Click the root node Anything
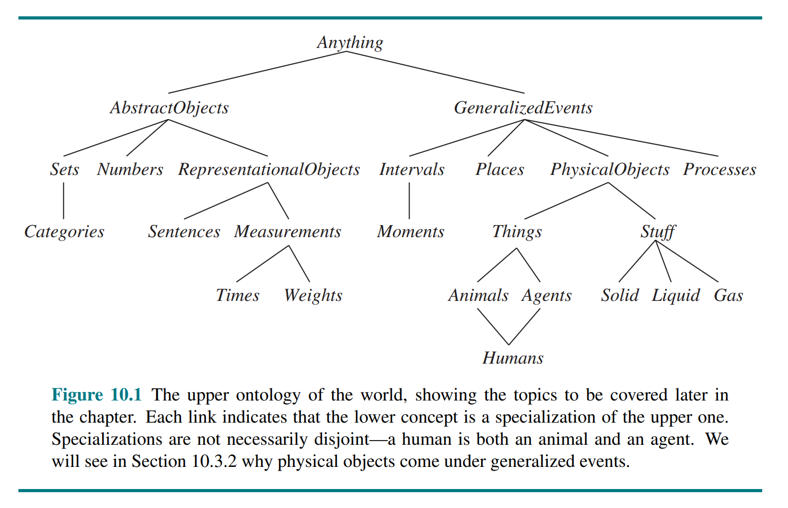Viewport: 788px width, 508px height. coord(350,43)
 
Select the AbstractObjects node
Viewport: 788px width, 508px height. coord(169,108)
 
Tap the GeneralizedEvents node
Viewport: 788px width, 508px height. coord(523,108)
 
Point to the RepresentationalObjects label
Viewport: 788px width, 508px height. coord(269,170)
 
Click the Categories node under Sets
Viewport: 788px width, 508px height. coord(64,232)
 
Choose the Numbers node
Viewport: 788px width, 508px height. coord(130,170)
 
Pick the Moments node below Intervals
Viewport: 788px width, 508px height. coord(411,232)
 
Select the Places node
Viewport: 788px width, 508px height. coord(500,170)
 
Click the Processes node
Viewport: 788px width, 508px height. coord(720,170)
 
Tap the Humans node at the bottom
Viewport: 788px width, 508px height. coord(513,358)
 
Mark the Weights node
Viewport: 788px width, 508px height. coord(313,295)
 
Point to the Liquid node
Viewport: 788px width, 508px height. coord(676,295)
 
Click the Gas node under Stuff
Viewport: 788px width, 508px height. coord(729,295)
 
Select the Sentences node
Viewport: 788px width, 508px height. coord(184,232)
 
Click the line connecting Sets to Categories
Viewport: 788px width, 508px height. coord(64,201)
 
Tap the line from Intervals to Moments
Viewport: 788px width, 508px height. coord(410,201)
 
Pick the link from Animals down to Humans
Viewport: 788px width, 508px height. coord(493,327)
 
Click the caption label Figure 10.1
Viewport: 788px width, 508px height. coord(97,395)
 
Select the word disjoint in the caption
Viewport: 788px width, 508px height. coord(342,439)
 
